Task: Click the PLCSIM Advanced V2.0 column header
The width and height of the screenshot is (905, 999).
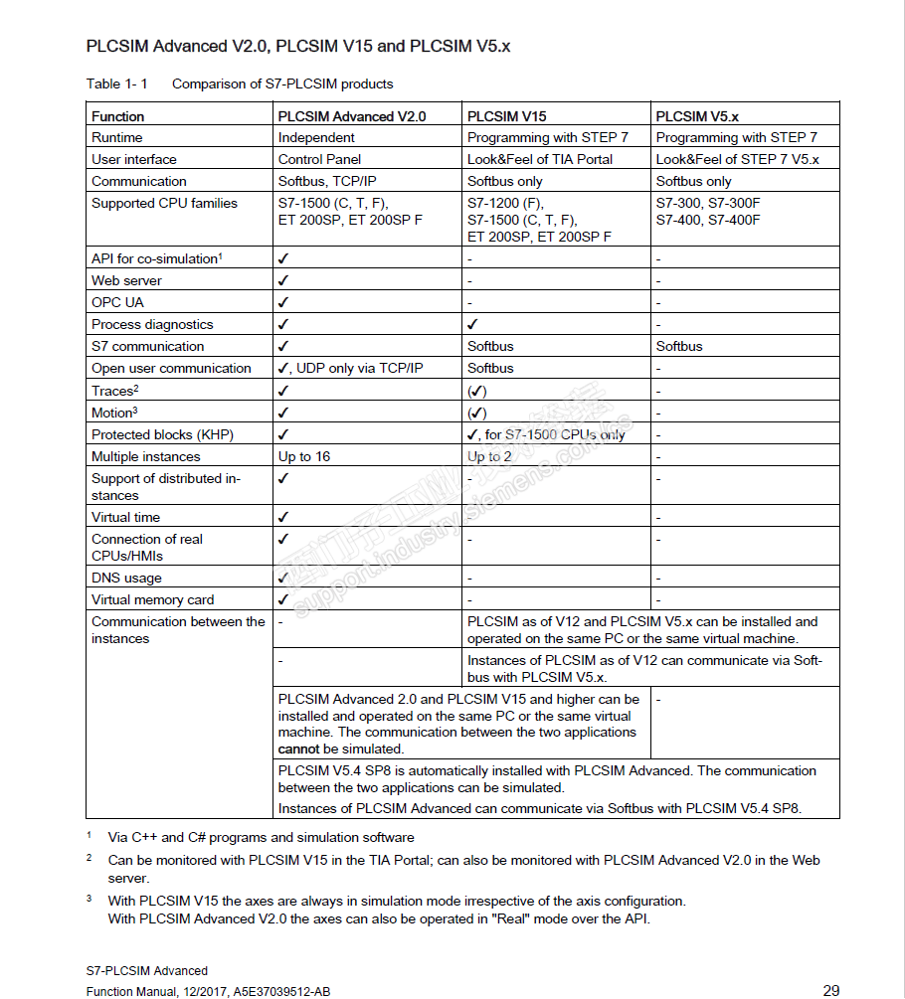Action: [x=352, y=116]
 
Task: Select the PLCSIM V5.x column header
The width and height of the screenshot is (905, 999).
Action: [x=697, y=116]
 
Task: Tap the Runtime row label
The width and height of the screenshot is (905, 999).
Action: [x=117, y=137]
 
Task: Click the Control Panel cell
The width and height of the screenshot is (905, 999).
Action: [x=319, y=159]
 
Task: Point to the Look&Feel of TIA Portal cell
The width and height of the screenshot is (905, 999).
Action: [x=540, y=159]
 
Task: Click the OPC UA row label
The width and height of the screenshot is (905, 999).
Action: [x=117, y=302]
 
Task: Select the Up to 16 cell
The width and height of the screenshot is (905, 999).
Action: [x=304, y=456]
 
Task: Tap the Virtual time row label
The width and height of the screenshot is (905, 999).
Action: [x=125, y=517]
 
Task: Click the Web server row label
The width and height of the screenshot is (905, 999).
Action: [x=126, y=280]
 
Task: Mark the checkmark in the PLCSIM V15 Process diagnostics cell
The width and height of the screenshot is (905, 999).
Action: [x=473, y=324]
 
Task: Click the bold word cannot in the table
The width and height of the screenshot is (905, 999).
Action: [x=299, y=749]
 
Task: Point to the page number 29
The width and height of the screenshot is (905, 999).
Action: [x=831, y=990]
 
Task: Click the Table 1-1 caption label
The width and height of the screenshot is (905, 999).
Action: [x=117, y=83]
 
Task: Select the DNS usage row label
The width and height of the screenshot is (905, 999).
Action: [x=126, y=578]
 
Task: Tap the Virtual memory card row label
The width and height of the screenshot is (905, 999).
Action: [x=152, y=599]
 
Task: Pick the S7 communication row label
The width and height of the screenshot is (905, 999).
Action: [x=147, y=346]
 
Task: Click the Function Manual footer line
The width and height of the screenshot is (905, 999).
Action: [x=208, y=991]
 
